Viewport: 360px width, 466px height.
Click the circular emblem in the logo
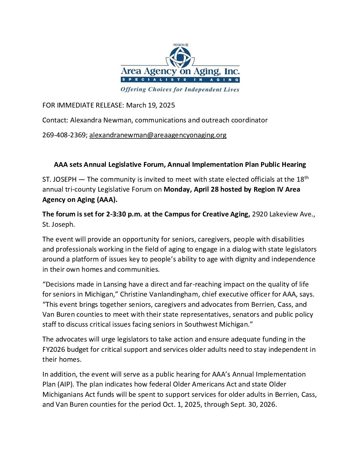[x=180, y=57]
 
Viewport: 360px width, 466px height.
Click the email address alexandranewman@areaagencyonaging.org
[x=158, y=135]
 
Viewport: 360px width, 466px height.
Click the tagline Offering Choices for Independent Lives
[x=180, y=89]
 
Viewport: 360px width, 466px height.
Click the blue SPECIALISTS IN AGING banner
[x=180, y=80]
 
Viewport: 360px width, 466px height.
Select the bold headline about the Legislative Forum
[x=180, y=164]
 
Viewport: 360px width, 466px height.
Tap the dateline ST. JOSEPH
[x=59, y=179]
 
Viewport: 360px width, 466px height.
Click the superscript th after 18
[x=306, y=178]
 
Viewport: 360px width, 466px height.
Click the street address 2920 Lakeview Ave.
[x=283, y=214]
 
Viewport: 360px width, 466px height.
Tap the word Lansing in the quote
[x=115, y=284]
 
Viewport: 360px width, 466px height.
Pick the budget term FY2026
[x=56, y=349]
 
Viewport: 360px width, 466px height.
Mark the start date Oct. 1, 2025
[x=181, y=404]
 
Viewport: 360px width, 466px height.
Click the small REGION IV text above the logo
[x=181, y=45]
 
